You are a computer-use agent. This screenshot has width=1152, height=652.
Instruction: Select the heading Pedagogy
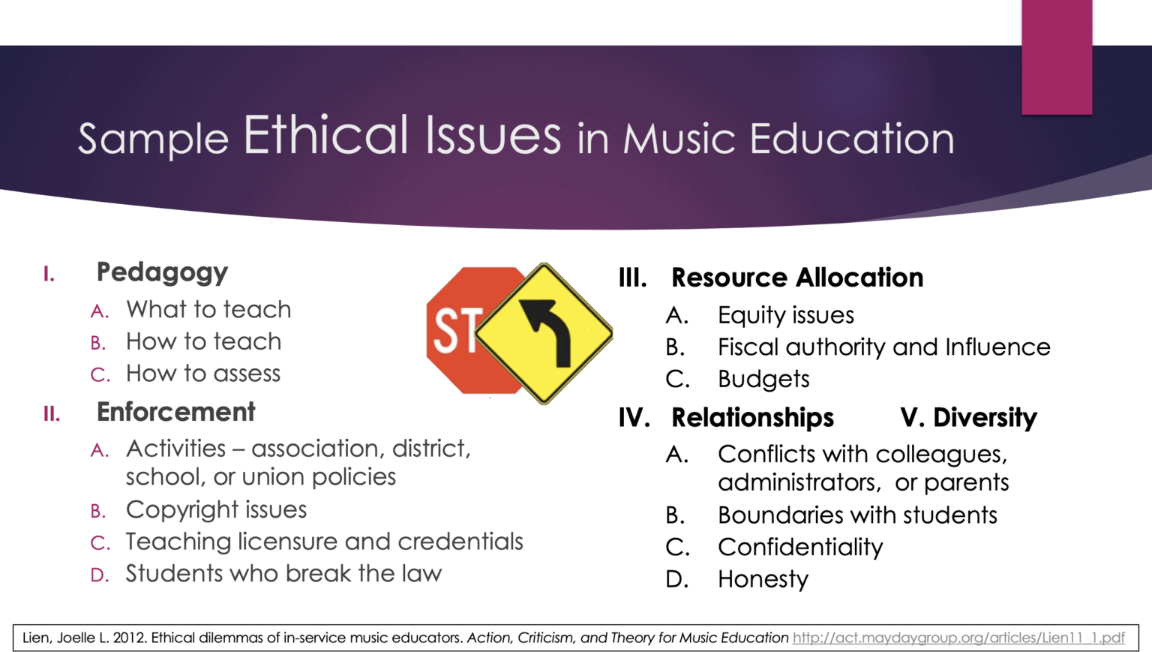162,272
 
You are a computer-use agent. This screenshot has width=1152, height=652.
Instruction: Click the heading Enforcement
175,412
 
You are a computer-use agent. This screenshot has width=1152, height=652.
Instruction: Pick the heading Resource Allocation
796,278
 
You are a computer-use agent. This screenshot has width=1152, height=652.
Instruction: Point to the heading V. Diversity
968,417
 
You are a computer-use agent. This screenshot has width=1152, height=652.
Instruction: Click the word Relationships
752,417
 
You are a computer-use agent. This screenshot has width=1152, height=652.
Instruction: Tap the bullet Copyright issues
216,509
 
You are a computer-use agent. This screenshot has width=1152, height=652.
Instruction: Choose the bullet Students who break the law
283,573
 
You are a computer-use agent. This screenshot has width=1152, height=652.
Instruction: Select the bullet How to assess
203,374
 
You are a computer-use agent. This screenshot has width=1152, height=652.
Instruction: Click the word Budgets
763,379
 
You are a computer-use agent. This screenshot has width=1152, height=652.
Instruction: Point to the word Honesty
763,579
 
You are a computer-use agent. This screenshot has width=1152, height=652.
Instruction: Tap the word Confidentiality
800,547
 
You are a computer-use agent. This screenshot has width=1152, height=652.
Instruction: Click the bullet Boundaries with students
857,515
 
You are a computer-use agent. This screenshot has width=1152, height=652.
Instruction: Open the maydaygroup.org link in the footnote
958,638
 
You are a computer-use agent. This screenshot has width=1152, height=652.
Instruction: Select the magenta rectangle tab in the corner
1057,57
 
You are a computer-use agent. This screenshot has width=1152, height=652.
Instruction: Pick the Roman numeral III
632,278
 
